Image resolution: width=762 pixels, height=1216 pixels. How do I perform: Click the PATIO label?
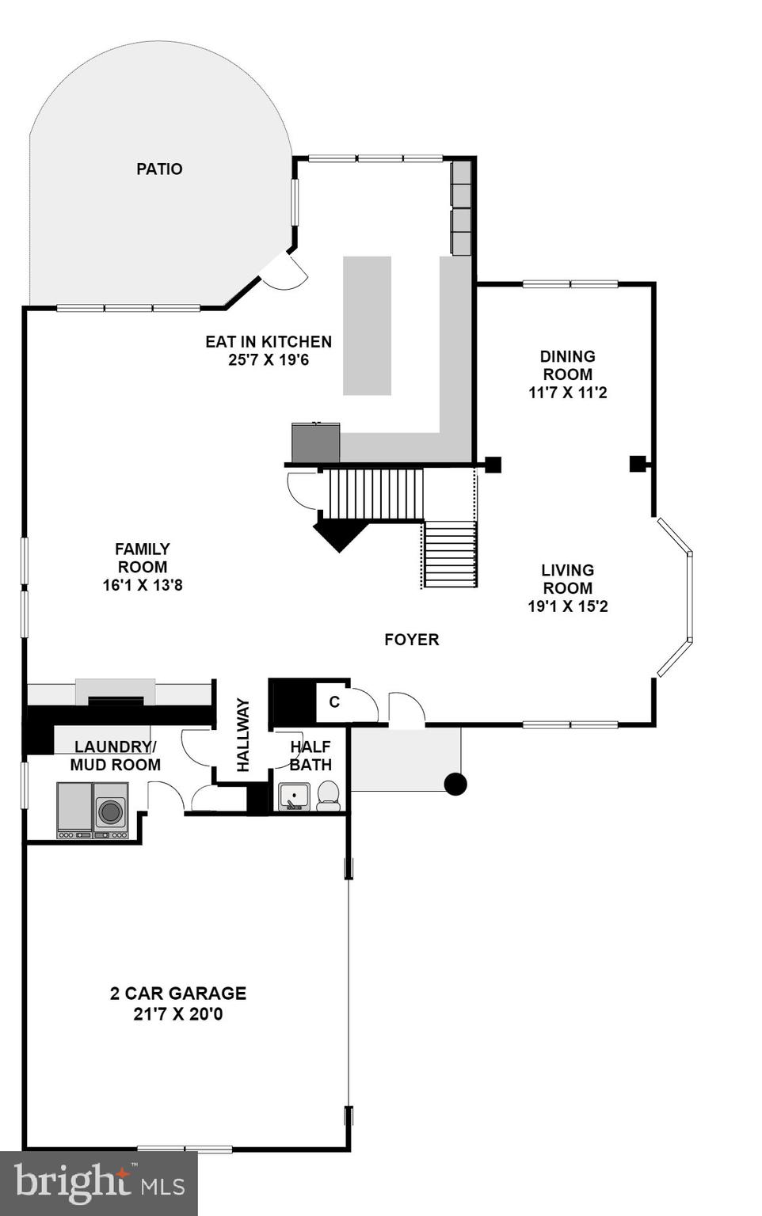point(159,169)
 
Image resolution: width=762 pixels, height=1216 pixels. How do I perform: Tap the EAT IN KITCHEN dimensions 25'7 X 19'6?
point(269,360)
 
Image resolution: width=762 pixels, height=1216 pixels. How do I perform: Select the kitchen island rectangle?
point(367,325)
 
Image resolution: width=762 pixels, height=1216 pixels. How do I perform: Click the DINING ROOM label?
point(567,365)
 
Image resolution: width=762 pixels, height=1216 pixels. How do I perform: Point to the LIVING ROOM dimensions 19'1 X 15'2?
point(568,606)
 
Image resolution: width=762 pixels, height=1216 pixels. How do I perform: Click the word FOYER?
point(411,640)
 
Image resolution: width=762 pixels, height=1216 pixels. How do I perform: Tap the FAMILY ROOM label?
point(143,558)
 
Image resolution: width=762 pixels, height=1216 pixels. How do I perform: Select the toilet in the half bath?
point(328,796)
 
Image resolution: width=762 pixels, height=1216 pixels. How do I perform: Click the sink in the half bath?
point(294,796)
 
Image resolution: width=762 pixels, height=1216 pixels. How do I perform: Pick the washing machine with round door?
point(111,811)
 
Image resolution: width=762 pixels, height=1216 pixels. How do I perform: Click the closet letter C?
point(334,702)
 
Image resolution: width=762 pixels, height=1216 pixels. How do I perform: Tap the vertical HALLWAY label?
point(243,735)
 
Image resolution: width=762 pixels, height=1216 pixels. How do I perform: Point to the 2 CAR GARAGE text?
point(178,994)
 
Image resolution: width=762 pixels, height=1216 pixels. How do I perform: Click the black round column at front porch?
point(455,785)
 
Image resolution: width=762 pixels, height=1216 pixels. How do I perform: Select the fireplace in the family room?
point(116,694)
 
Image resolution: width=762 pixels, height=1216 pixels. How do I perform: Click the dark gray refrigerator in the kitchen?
point(315,443)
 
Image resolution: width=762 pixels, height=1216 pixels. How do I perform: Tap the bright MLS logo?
point(99,1184)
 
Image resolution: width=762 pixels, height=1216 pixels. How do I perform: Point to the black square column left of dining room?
point(493,465)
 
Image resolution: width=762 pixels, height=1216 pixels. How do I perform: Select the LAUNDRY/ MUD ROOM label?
point(115,756)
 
